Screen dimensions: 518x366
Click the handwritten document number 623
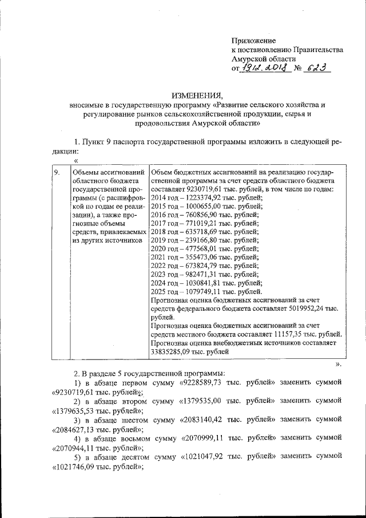tap(313, 68)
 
